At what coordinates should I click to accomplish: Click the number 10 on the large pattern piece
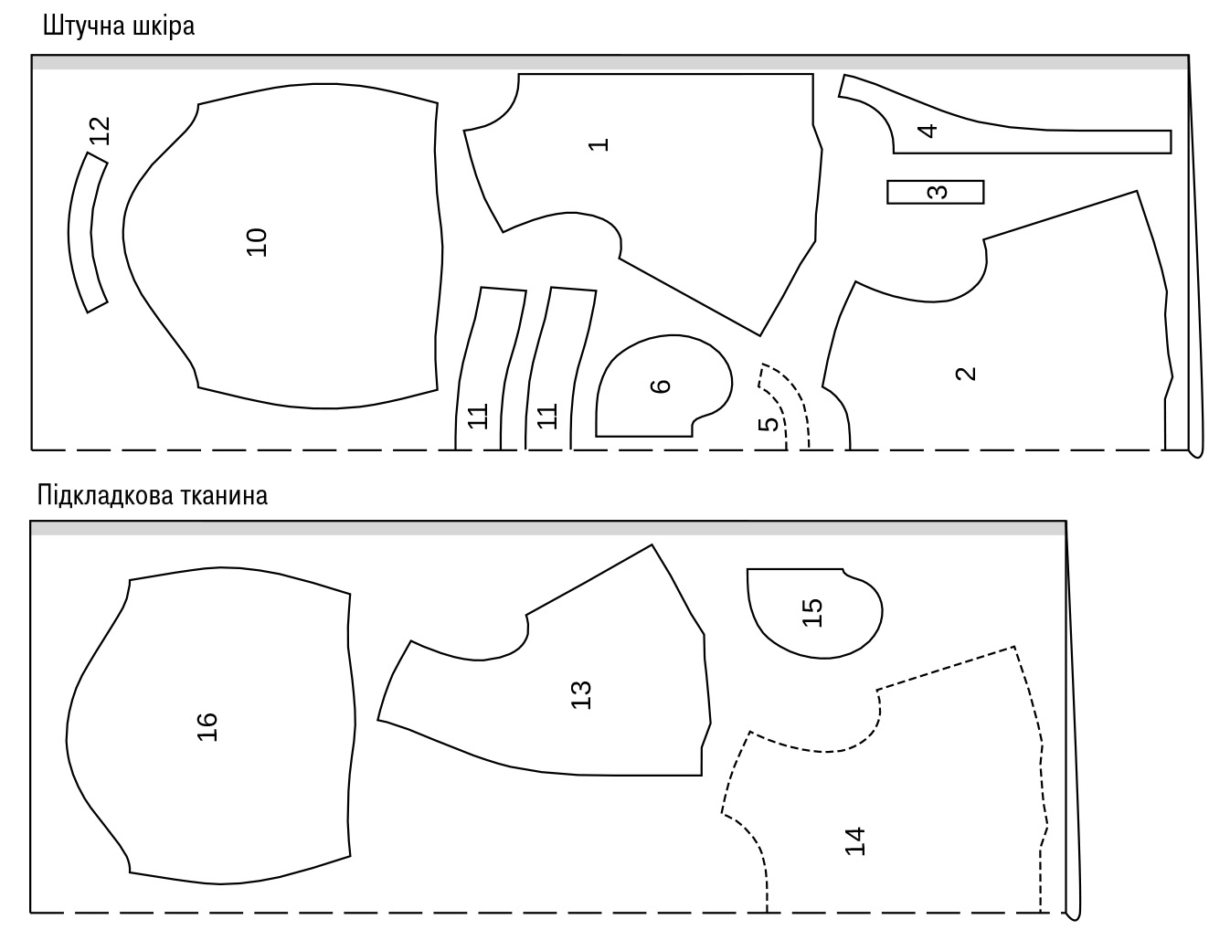[257, 242]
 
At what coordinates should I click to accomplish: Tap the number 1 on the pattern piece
[599, 145]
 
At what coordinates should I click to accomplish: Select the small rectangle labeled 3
[935, 192]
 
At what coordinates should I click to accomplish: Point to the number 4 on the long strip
[927, 132]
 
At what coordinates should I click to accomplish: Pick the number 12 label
[100, 131]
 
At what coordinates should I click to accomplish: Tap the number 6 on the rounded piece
[661, 386]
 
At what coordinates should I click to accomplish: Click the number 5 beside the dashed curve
[769, 424]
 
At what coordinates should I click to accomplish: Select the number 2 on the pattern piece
[966, 374]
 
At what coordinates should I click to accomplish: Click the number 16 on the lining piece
[207, 727]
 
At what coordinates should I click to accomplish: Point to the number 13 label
[581, 695]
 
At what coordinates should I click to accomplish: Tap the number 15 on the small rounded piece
[812, 613]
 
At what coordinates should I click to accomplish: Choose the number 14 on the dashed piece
[854, 841]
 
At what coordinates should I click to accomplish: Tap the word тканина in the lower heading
[224, 495]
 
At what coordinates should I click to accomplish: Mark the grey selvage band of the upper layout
[610, 63]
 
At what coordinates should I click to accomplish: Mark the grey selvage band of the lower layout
[548, 528]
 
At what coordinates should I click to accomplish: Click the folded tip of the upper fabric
[1196, 452]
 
